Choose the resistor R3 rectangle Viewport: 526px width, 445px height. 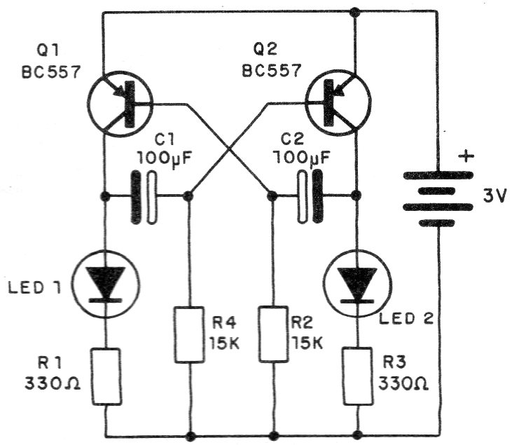click(357, 377)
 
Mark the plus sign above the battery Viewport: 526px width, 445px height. click(464, 154)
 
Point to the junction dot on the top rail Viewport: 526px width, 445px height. click(355, 12)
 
